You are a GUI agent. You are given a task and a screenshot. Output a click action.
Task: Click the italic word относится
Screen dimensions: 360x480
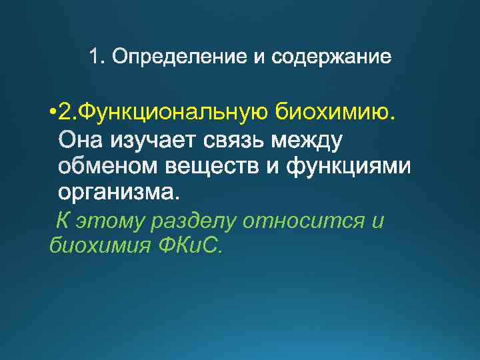point(304,221)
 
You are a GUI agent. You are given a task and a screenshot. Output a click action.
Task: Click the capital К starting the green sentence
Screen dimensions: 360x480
point(62,221)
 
